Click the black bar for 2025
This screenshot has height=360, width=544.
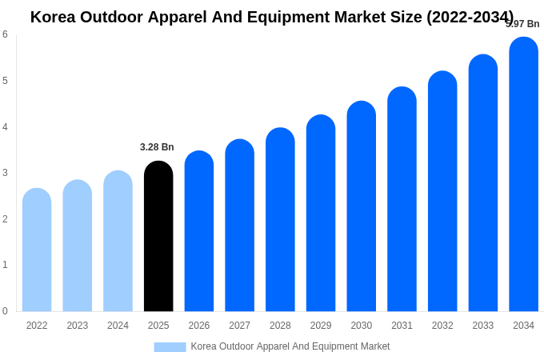(x=158, y=237)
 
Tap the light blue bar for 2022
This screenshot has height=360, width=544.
(x=37, y=250)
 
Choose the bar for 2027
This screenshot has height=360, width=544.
(x=239, y=226)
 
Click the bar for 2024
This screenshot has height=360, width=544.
(x=118, y=242)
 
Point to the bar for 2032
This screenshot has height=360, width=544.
(x=442, y=192)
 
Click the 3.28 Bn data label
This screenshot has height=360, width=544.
(x=157, y=147)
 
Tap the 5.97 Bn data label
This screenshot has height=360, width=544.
(x=522, y=24)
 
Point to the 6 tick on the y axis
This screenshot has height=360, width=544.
(x=5, y=34)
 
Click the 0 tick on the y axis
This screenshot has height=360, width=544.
(x=5, y=311)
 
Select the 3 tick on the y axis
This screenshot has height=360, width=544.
(x=5, y=173)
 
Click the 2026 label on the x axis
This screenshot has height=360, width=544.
(x=199, y=326)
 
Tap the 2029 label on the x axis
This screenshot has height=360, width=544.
(x=321, y=326)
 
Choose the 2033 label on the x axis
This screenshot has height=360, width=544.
(x=483, y=326)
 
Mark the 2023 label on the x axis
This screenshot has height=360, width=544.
(x=78, y=326)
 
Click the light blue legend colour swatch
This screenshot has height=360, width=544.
(x=170, y=347)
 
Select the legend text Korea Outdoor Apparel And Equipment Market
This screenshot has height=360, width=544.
(x=290, y=346)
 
